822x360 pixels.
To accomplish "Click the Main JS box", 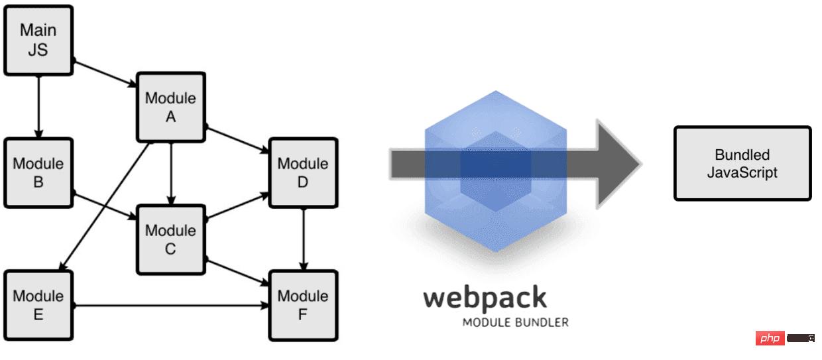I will (x=38, y=40).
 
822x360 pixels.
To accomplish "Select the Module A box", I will (x=170, y=107).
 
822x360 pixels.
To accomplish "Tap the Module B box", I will (x=38, y=172).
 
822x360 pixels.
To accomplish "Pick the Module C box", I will (x=170, y=239).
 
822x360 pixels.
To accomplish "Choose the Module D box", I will (x=303, y=172).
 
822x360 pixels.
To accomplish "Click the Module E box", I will (x=38, y=305).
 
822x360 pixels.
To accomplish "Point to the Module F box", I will (x=303, y=305).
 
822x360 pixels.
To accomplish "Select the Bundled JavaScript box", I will (x=742, y=163).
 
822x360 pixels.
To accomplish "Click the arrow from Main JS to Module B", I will (x=38, y=106).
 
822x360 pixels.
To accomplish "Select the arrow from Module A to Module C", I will (x=171, y=173).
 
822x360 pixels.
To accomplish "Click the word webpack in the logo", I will (x=485, y=298).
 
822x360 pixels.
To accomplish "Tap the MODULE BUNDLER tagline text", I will (x=515, y=323).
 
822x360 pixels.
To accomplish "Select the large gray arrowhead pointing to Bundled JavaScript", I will (x=616, y=164).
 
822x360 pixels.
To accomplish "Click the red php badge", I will (x=770, y=339).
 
